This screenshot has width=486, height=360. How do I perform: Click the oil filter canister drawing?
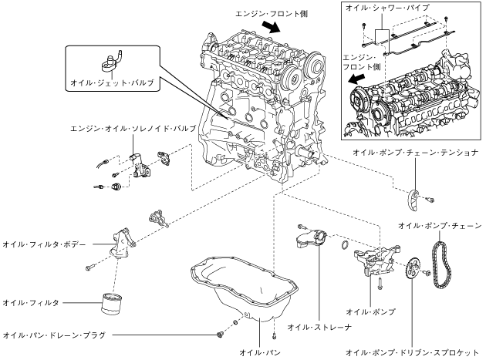coord(111,304)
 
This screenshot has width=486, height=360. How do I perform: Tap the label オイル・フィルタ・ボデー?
coord(44,244)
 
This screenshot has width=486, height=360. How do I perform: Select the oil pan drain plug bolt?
coord(221,335)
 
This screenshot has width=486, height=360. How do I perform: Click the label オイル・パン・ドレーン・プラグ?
coord(54,335)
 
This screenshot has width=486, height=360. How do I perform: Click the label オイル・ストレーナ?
coord(319,327)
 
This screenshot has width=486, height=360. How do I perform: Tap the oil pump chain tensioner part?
coord(413,200)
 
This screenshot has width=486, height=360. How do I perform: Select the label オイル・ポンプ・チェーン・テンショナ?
coord(416,153)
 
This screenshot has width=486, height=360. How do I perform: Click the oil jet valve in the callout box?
coord(112,62)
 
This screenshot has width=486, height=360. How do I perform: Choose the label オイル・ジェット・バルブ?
coord(112,82)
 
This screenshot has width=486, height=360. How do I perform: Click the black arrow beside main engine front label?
coord(272,27)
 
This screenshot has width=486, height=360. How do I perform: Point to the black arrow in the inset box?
coord(356,79)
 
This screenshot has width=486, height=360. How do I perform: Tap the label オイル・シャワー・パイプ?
coord(387,8)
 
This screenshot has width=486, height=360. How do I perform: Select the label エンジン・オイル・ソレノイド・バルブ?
coord(133,128)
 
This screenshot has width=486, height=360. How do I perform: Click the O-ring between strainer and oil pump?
coord(344,244)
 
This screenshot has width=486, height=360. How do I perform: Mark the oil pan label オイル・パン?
coord(260,352)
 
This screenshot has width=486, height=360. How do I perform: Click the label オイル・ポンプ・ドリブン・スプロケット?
coord(412,352)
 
